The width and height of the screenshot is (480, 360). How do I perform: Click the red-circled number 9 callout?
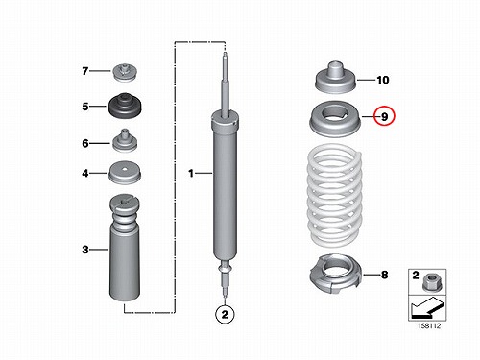[384, 116]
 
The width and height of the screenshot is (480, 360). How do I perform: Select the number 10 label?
[383, 80]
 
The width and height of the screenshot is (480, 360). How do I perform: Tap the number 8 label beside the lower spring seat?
[384, 275]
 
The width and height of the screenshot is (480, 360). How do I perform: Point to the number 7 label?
[84, 71]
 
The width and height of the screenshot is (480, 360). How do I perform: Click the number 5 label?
[84, 107]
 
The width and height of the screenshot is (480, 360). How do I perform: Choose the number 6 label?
[84, 143]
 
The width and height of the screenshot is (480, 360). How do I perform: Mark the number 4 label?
[84, 173]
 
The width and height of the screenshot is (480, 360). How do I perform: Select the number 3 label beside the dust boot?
[84, 250]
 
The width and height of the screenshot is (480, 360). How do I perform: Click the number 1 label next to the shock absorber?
[191, 173]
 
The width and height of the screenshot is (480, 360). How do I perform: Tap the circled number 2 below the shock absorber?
[225, 314]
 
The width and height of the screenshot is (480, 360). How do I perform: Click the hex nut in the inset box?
[432, 283]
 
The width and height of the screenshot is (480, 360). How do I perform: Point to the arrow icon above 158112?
[427, 307]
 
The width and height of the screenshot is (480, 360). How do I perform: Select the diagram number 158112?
[429, 325]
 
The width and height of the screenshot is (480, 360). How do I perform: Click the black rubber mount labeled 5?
[125, 106]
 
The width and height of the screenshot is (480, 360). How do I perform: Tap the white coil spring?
[334, 196]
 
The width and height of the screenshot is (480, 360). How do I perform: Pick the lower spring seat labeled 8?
[336, 275]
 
